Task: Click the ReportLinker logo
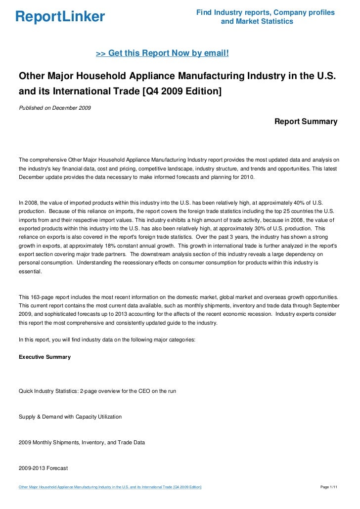click(x=60, y=17)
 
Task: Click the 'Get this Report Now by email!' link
click(x=162, y=53)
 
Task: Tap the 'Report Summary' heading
click(x=306, y=121)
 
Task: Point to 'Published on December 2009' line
click(x=54, y=108)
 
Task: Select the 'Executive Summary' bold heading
click(x=45, y=357)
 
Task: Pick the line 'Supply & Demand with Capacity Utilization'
click(x=70, y=417)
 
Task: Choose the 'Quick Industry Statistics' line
click(x=97, y=391)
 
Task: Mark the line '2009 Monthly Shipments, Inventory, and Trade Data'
click(x=82, y=443)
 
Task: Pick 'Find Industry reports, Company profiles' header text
click(x=265, y=12)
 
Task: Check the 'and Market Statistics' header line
click(x=257, y=22)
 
